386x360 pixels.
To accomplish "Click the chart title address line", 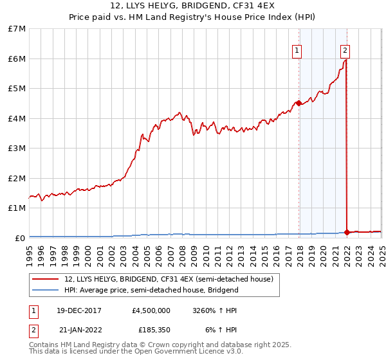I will tap(192, 5).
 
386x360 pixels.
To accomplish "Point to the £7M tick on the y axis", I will tap(17, 29).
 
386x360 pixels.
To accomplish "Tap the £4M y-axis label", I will tap(17, 118).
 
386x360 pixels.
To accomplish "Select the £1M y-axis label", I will tap(17, 208).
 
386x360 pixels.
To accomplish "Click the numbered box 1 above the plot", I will tap(297, 51).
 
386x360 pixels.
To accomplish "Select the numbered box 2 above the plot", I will tap(345, 51).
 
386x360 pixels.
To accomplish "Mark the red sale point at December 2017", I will tap(299, 104).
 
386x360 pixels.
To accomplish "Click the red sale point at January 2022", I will tap(347, 233).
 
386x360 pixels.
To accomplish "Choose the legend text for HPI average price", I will tap(151, 290).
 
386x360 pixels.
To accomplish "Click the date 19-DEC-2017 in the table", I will tap(78, 310).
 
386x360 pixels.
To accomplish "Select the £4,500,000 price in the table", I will tap(151, 310).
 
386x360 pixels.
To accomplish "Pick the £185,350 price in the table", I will tap(154, 330).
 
